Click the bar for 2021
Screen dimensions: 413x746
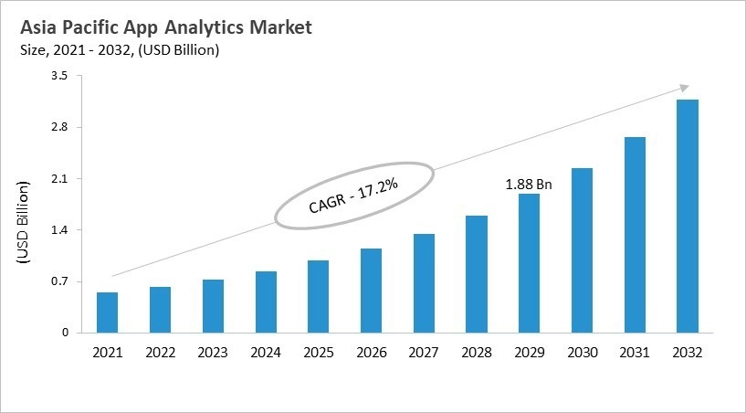[x=107, y=312]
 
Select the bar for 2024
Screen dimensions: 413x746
[x=266, y=302]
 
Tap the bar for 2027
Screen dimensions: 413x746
[x=424, y=283]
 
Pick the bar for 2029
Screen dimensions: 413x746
[x=529, y=263]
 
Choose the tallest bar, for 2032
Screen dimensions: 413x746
[x=687, y=216]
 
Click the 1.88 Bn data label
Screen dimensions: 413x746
[x=529, y=184]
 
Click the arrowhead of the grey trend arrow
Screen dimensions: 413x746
[x=684, y=88]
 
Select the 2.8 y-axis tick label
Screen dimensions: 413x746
[x=59, y=127]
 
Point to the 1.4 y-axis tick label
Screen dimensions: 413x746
[x=59, y=229]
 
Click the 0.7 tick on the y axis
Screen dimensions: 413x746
[x=59, y=281]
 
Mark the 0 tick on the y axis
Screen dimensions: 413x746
[x=65, y=333]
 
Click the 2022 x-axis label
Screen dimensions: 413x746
[x=160, y=352]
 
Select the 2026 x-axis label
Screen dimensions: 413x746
[x=371, y=352]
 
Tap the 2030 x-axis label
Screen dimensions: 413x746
[x=582, y=352]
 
